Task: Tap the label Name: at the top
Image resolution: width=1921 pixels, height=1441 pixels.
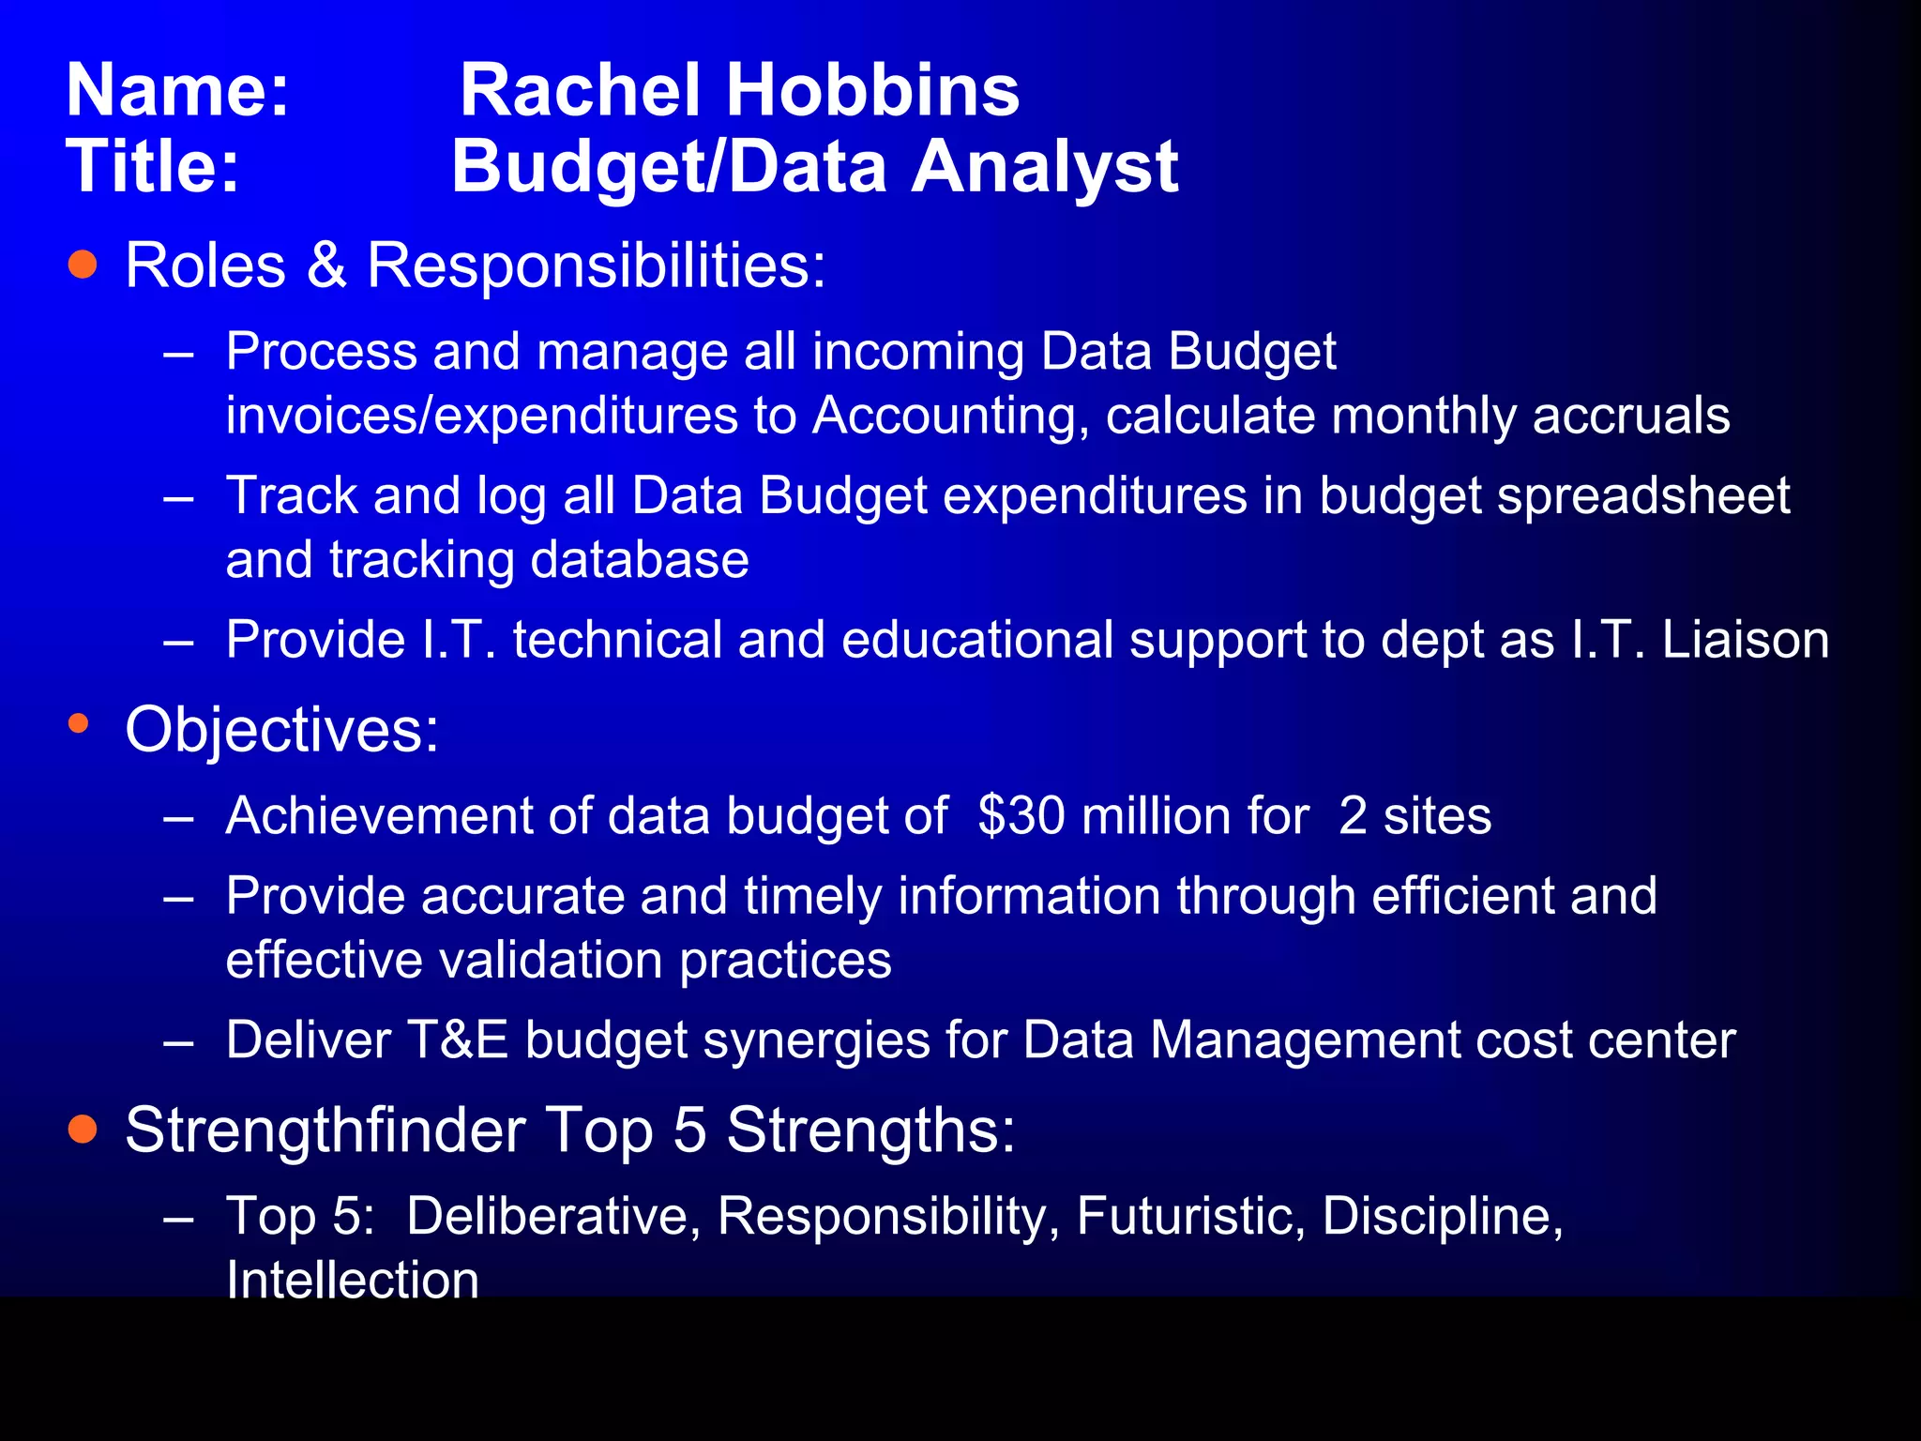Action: pyautogui.click(x=178, y=90)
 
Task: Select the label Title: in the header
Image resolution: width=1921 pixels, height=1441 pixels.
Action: pyautogui.click(x=153, y=167)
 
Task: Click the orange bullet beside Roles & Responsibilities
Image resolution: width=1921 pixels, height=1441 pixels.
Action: pyautogui.click(x=83, y=265)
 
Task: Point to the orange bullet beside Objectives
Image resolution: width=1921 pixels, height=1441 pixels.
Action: pyautogui.click(x=79, y=723)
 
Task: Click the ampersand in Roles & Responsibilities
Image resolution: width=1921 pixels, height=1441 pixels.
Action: pyautogui.click(x=326, y=265)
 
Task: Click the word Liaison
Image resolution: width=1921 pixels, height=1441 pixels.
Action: pyautogui.click(x=1745, y=640)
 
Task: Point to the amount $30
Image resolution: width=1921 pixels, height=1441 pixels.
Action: pyautogui.click(x=1021, y=815)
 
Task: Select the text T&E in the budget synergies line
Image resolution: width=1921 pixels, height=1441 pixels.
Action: pyautogui.click(x=458, y=1040)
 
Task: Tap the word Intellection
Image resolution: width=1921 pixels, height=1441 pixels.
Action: pyautogui.click(x=353, y=1280)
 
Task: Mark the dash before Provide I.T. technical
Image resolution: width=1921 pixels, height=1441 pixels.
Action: pyautogui.click(x=178, y=642)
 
